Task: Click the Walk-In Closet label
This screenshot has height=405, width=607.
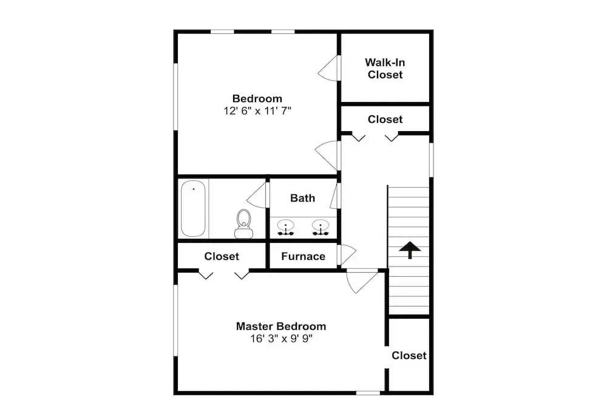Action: click(385, 69)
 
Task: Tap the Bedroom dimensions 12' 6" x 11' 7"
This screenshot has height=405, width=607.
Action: click(257, 111)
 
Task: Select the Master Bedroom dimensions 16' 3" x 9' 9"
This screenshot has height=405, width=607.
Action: click(281, 339)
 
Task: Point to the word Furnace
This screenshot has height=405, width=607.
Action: click(303, 256)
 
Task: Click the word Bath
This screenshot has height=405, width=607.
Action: click(302, 198)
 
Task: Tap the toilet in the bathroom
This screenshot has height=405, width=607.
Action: click(243, 224)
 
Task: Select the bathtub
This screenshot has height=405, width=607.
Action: click(193, 208)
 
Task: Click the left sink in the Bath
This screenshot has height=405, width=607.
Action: click(286, 227)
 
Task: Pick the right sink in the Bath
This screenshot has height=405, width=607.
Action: click(320, 227)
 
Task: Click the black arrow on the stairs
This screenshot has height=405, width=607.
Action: click(410, 250)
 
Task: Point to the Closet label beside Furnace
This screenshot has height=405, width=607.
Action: click(222, 256)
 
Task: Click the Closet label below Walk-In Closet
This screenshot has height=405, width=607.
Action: click(385, 119)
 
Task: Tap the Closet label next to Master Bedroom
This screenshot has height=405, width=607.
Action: click(409, 355)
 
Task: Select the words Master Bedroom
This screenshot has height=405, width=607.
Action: click(281, 327)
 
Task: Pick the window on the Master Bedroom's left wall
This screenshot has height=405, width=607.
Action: click(175, 320)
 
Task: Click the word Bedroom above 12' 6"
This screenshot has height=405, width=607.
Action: click(257, 98)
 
